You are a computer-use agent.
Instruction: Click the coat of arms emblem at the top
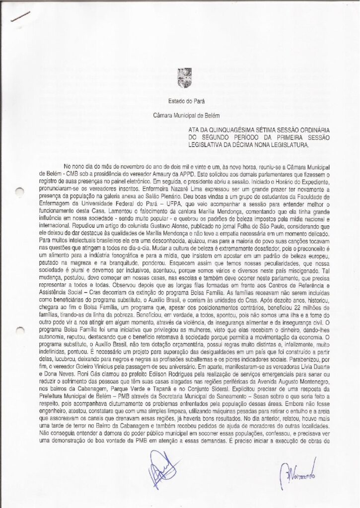point(180,79)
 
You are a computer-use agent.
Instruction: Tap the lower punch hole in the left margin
point(19,334)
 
